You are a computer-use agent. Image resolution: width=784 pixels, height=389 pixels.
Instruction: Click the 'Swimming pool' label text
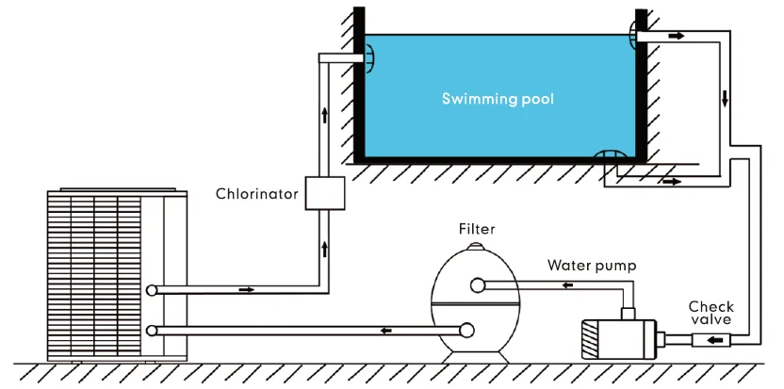(x=498, y=98)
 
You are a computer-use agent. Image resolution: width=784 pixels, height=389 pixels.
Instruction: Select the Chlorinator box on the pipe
(x=325, y=193)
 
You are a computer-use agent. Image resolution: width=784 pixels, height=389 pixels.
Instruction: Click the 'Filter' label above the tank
(x=477, y=229)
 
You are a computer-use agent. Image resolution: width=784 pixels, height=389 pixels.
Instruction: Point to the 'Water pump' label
(x=592, y=266)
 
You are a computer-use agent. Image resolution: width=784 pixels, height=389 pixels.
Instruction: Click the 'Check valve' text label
(x=710, y=313)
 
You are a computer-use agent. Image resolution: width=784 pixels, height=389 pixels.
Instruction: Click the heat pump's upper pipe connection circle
(x=153, y=290)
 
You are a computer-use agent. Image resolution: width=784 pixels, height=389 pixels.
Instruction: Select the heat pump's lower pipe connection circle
(x=153, y=330)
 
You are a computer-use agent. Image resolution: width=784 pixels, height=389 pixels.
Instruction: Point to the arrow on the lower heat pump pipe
(x=385, y=330)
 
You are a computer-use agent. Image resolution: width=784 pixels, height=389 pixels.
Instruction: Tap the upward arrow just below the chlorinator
(x=325, y=250)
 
